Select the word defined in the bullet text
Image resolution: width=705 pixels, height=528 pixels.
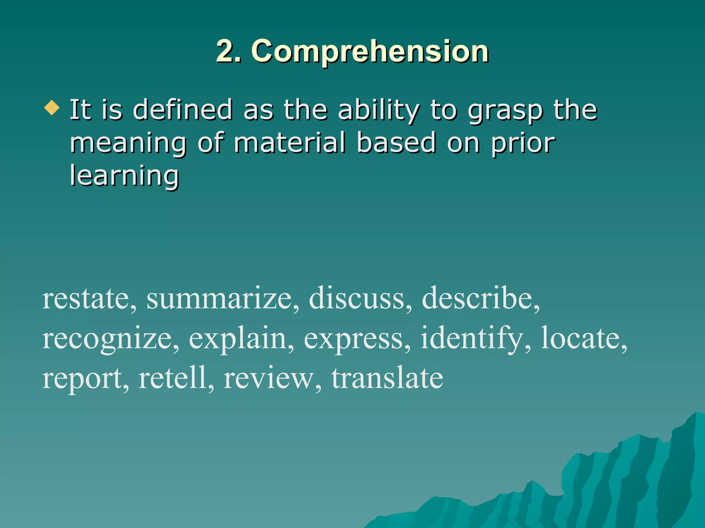click(182, 110)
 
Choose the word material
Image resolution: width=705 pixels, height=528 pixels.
click(290, 143)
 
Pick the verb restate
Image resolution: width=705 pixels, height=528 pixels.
click(86, 298)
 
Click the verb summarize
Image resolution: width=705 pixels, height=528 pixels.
click(219, 298)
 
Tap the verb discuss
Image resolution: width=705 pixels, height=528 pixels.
click(357, 298)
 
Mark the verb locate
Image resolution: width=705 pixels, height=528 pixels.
click(581, 338)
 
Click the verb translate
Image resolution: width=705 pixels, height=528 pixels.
click(387, 378)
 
